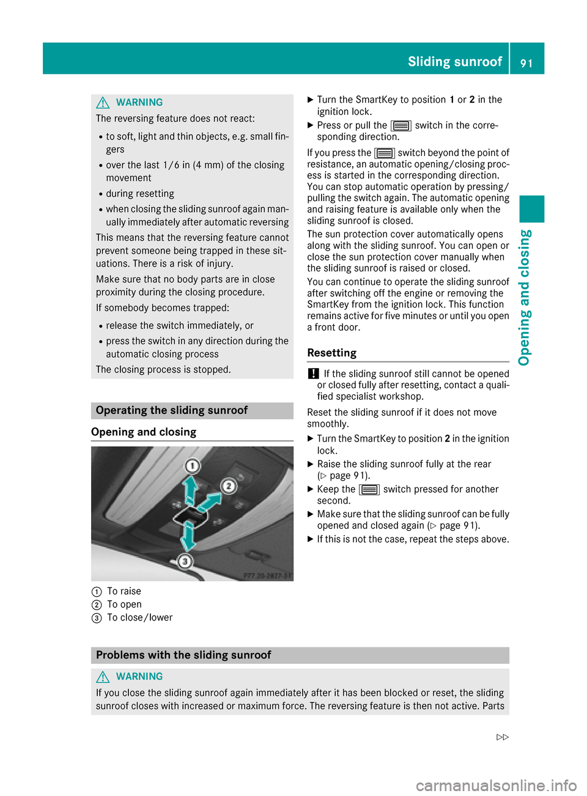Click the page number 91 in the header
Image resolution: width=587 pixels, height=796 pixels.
(526, 62)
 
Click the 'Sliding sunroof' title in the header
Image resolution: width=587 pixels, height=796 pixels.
(454, 61)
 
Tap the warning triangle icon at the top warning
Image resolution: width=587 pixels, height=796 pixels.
(103, 103)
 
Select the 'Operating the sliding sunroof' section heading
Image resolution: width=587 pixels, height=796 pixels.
(172, 410)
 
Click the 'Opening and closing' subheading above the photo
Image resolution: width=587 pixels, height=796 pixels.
(144, 432)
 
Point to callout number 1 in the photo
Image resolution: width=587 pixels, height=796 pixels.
(192, 466)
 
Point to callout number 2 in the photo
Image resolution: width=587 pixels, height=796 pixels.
(228, 486)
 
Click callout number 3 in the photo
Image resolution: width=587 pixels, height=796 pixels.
(184, 561)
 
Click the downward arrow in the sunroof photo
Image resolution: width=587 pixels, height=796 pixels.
(188, 536)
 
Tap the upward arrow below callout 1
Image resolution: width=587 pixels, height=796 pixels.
(191, 489)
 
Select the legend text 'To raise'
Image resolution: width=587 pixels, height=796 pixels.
(124, 591)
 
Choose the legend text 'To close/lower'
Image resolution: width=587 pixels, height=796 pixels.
(140, 617)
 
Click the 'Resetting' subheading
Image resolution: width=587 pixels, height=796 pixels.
(332, 353)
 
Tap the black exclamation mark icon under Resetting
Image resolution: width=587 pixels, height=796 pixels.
(313, 374)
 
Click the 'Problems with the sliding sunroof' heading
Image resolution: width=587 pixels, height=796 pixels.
(183, 655)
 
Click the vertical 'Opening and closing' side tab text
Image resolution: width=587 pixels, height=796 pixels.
(525, 297)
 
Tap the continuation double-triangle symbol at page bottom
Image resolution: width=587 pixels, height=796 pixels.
(503, 737)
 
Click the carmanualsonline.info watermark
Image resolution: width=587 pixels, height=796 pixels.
(496, 785)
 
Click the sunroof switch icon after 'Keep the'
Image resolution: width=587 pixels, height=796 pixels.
(369, 490)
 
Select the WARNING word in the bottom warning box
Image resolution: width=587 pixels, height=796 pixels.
(139, 676)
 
